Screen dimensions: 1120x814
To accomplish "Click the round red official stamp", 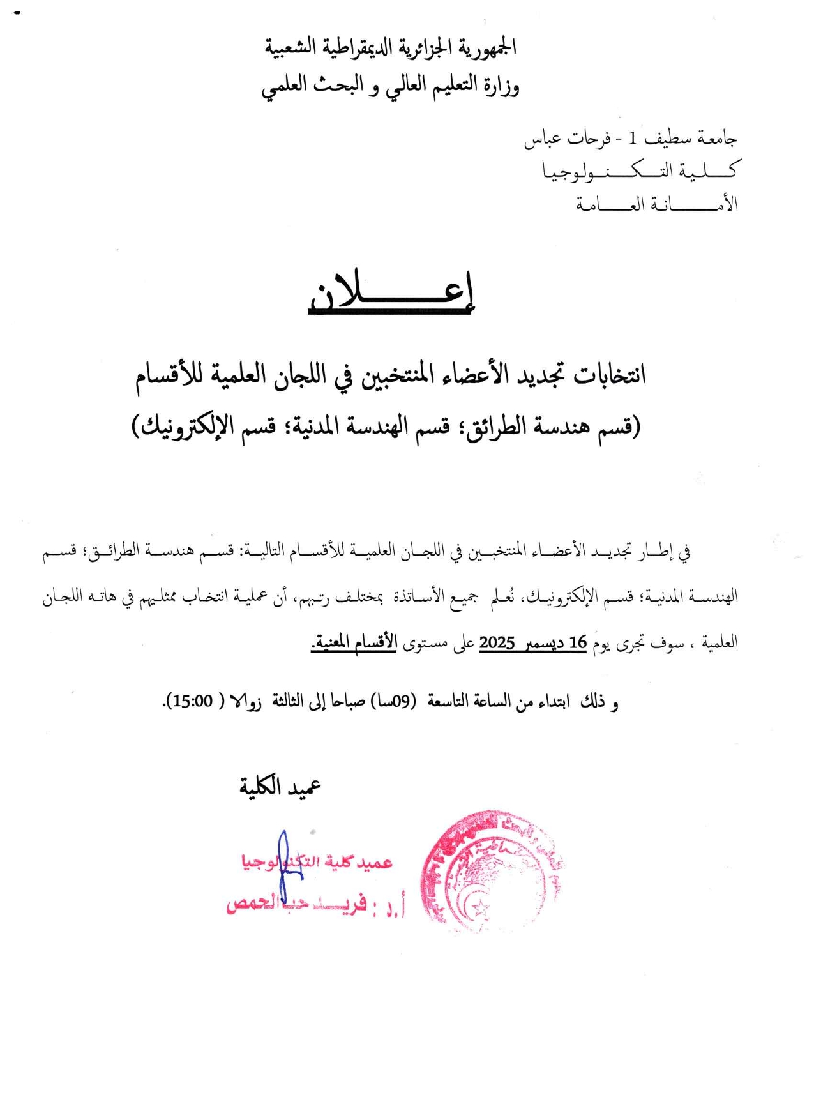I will tap(491, 872).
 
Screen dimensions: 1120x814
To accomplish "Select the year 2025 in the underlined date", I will tap(497, 643).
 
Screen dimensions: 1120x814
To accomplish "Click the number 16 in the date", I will tap(577, 643).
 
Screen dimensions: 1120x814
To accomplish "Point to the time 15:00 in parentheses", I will tap(192, 701).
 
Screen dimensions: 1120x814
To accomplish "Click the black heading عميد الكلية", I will tap(280, 787).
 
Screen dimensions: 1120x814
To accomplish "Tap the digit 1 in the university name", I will tap(632, 138).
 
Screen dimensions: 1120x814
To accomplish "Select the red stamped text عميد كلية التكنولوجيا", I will tap(317, 862).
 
